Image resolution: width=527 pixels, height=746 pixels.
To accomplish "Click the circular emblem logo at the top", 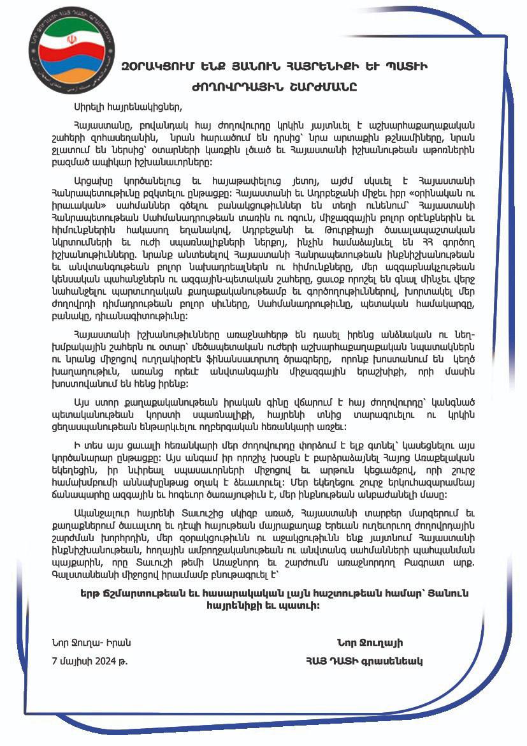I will [72, 49].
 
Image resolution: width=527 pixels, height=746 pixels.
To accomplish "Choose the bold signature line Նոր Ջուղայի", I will [370, 643].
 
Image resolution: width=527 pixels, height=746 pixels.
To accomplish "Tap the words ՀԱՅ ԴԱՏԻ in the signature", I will [333, 661].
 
